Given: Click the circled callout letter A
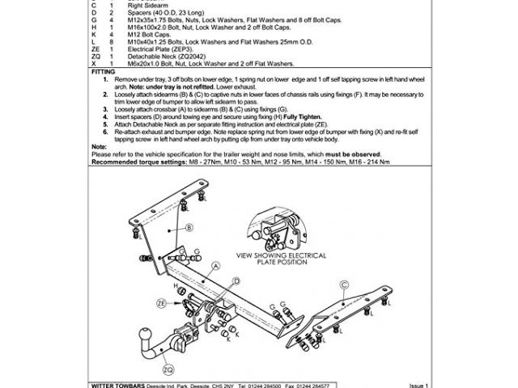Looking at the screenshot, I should click(x=217, y=265).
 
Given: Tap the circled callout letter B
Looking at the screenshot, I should click(x=189, y=228).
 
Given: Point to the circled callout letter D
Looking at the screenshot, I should click(x=236, y=280).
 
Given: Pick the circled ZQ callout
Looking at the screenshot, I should click(x=168, y=369).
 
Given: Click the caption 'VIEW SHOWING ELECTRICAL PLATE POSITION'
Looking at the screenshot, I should click(x=280, y=259).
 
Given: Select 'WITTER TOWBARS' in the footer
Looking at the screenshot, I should click(x=120, y=385).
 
